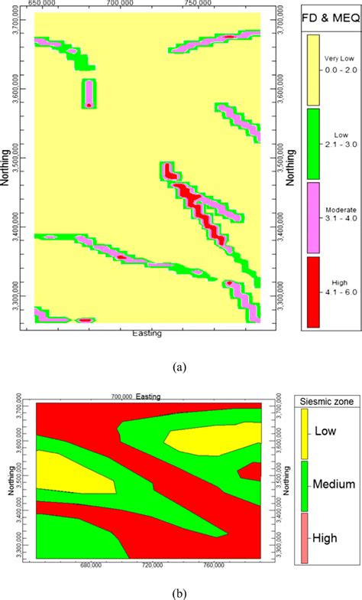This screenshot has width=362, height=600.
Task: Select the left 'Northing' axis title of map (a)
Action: pos(7,161)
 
